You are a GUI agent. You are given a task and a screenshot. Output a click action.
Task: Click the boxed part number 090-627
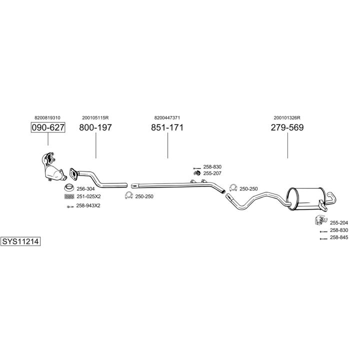click(x=48, y=127)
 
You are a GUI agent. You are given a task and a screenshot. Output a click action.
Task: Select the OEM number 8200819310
click(x=48, y=117)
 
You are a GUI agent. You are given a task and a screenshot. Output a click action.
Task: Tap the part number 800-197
click(x=95, y=127)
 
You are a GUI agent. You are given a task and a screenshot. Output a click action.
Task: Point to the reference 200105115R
click(x=95, y=117)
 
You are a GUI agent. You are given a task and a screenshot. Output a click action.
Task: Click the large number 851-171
click(x=167, y=127)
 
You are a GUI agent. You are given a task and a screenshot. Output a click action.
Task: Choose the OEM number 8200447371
click(x=167, y=117)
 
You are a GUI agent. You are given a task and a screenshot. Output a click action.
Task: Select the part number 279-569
click(x=287, y=127)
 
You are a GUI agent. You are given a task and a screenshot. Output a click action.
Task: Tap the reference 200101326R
click(x=287, y=117)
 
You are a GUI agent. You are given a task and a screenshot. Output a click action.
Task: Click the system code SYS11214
click(x=20, y=241)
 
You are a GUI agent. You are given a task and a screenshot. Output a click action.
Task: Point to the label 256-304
click(x=85, y=189)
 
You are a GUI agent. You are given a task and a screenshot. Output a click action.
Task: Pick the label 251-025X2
click(x=88, y=197)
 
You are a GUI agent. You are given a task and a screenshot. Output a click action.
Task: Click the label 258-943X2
click(x=88, y=205)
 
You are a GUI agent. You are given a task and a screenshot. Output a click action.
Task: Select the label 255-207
click(x=212, y=173)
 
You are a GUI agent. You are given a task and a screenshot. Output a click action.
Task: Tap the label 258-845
click(x=338, y=238)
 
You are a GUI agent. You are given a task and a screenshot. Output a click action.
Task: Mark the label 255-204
click(x=338, y=222)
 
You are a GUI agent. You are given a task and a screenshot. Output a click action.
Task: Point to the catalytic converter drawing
click(x=52, y=168)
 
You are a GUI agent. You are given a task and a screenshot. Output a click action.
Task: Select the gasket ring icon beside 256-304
click(x=69, y=188)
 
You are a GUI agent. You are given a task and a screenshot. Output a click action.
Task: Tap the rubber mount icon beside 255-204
click(x=317, y=221)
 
